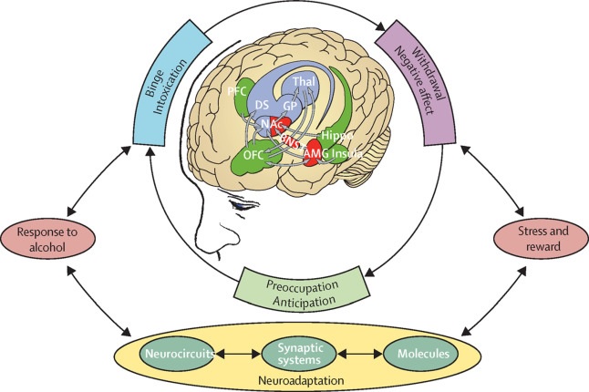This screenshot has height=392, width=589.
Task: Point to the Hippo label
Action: pyautogui.click(x=361, y=134)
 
